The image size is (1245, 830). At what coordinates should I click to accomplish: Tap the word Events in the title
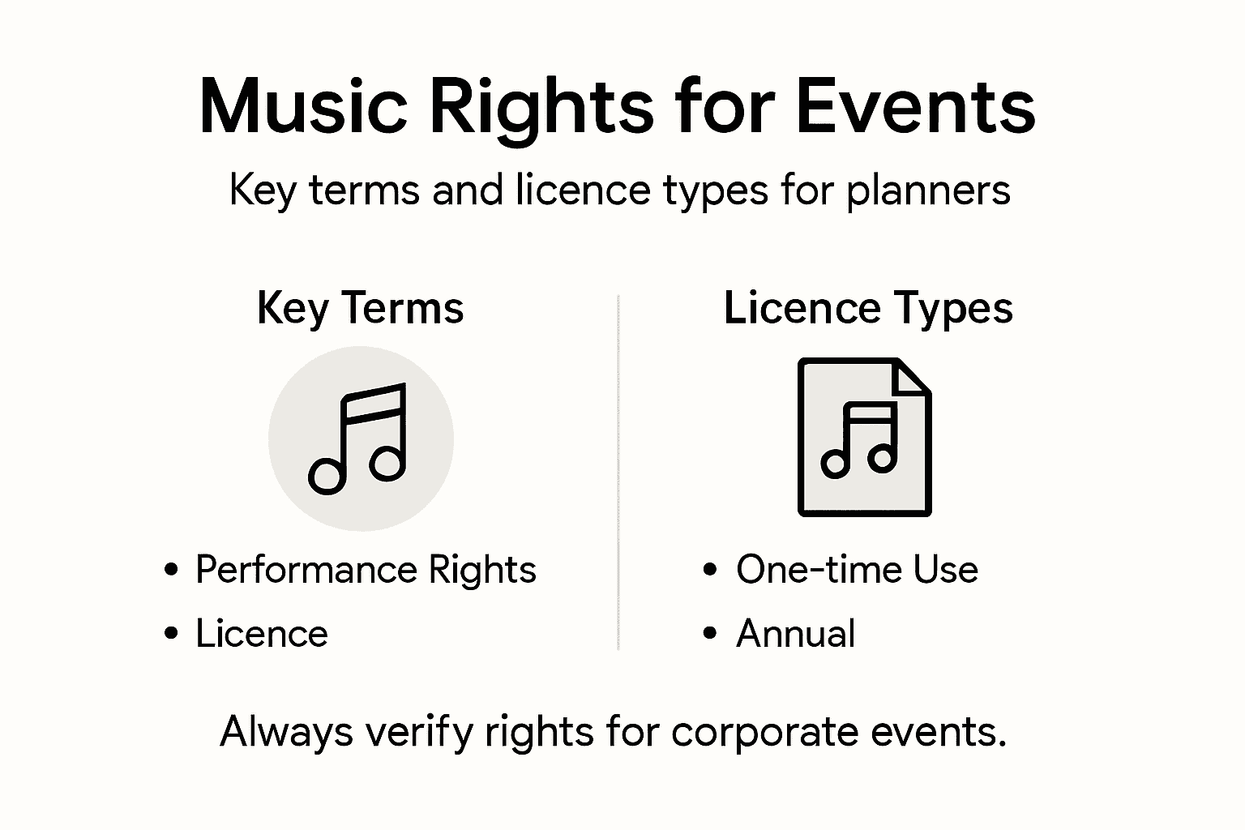915,107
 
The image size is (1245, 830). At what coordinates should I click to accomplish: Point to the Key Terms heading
360,308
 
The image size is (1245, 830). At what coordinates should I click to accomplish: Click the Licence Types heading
868,308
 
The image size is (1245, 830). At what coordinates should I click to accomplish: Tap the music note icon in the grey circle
358,439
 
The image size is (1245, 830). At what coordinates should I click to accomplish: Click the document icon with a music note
864,438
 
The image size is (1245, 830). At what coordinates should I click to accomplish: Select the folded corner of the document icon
912,376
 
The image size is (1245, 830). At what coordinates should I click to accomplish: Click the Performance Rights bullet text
366,570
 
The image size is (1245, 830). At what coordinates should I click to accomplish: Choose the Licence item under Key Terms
262,634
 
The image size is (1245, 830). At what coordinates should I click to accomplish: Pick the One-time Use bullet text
857,570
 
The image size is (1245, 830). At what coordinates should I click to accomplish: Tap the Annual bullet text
795,634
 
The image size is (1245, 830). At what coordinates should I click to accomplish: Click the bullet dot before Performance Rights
171,570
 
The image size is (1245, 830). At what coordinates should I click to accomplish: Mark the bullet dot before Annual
711,634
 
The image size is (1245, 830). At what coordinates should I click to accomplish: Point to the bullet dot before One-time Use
711,570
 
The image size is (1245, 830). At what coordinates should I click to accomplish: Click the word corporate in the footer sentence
765,733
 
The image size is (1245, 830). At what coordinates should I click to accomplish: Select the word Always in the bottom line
287,733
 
